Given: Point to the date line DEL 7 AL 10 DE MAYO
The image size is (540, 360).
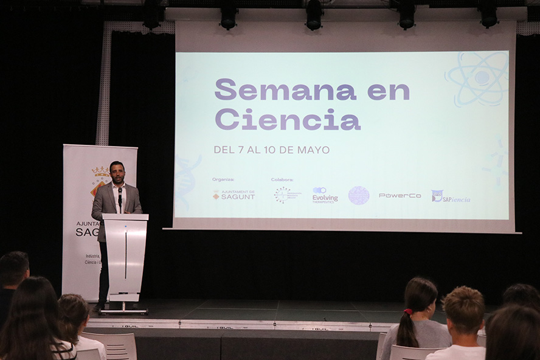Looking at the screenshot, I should tap(271, 150).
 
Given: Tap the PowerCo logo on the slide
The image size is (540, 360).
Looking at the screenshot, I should tap(400, 196).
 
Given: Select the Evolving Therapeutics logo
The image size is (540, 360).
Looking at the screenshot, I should tap(325, 195).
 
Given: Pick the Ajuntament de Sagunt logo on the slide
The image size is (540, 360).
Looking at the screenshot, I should tap(234, 195).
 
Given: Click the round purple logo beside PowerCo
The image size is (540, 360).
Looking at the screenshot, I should tap(359, 195).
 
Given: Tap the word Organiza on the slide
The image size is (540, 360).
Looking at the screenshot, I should tap(223, 179).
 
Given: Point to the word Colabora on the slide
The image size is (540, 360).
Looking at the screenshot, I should tap(282, 179).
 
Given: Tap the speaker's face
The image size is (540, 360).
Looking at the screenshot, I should tap(117, 173).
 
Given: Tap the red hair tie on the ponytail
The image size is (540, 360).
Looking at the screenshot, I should tap(407, 312).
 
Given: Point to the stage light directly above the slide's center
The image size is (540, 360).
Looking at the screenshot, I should tap(314, 15).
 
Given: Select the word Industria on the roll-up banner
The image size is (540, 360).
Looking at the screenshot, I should tap(92, 256).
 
